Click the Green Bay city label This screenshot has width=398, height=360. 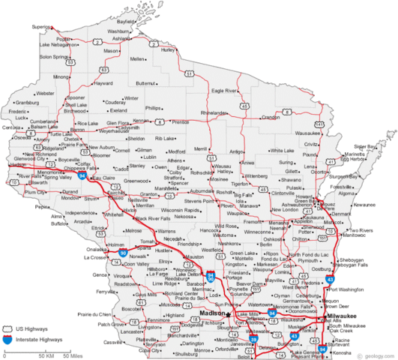[x=304, y=201]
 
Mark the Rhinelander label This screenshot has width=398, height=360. [x=215, y=112]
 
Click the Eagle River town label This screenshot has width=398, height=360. [x=225, y=91]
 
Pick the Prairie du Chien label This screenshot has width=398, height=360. [x=94, y=313]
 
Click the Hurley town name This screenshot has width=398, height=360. [x=167, y=49]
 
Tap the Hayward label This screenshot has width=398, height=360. [x=103, y=82]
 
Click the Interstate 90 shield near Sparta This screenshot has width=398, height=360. [x=123, y=253]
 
